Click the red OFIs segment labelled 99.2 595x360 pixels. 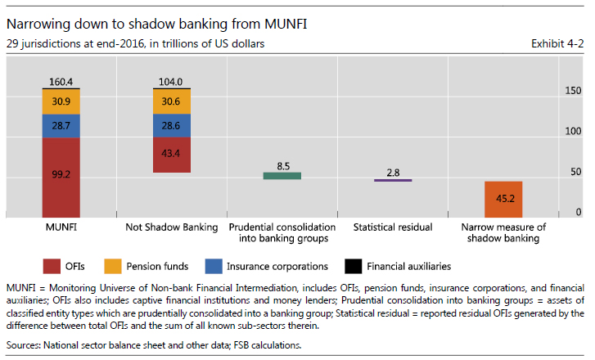(61, 174)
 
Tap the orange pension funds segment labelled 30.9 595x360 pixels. (61, 100)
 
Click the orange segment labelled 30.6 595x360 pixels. (172, 100)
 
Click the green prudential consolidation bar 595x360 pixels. (282, 175)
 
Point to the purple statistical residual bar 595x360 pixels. (393, 180)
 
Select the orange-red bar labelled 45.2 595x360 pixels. (503, 198)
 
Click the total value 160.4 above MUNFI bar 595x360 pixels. (61, 81)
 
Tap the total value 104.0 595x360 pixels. (172, 81)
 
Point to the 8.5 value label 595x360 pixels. (283, 166)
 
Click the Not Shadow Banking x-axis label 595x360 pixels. (171, 226)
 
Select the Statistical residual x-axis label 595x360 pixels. (393, 226)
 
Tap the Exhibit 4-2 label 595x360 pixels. (557, 43)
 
